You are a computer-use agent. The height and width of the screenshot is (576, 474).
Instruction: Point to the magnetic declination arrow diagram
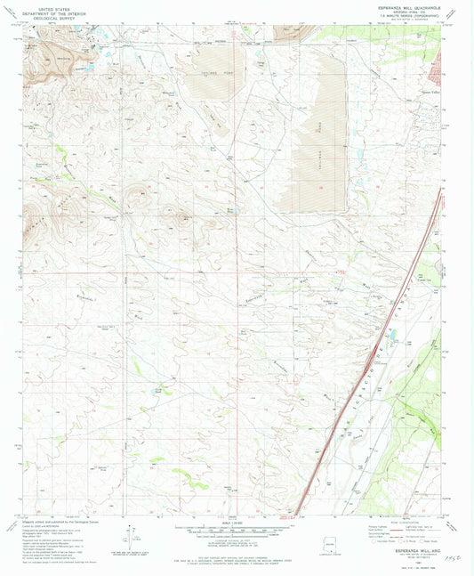tap(133, 536)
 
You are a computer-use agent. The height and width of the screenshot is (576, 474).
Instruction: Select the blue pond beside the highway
tap(392, 336)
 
